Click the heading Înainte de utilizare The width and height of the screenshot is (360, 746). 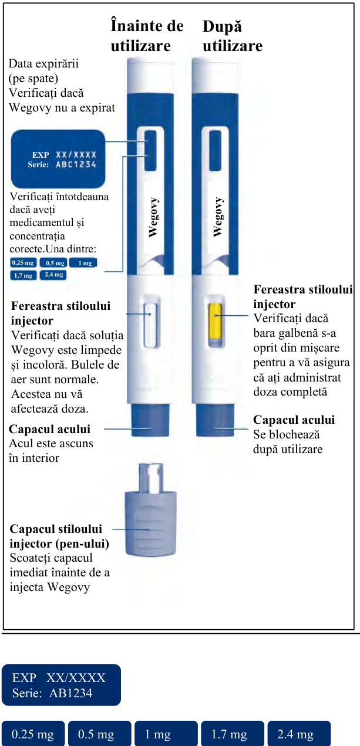(x=147, y=36)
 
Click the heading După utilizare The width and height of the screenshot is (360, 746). (x=233, y=36)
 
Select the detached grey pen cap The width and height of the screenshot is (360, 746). (x=151, y=509)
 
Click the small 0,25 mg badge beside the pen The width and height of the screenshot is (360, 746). (x=23, y=263)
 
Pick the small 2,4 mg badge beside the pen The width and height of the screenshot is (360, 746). (x=53, y=275)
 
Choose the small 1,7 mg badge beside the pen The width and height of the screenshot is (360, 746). (x=23, y=275)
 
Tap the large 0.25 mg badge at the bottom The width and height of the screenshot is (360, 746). (x=33, y=734)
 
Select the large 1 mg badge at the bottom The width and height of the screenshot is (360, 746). (x=166, y=734)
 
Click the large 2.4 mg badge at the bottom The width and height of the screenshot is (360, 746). (x=299, y=734)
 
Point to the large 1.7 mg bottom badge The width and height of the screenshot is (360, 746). (x=233, y=734)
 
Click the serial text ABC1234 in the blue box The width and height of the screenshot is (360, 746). (x=76, y=164)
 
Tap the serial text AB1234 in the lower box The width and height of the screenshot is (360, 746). (x=70, y=693)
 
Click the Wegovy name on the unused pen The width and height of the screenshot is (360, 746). (x=153, y=217)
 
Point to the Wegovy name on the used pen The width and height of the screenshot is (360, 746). (x=218, y=217)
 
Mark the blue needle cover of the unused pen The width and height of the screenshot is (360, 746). (x=150, y=420)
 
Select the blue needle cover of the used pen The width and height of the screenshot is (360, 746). (x=215, y=420)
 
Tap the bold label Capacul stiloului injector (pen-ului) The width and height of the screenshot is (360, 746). (x=59, y=536)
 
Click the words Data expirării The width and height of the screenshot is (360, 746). (x=43, y=63)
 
